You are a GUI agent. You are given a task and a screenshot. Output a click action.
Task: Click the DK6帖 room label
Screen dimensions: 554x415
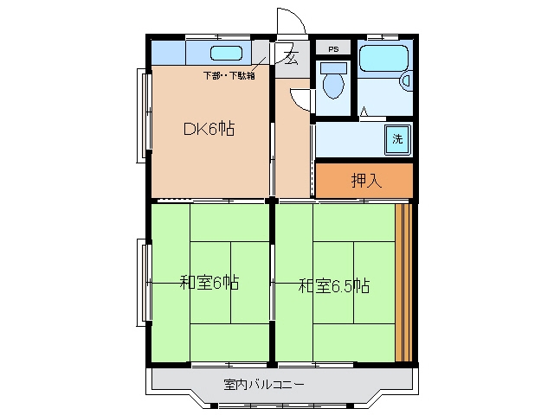[x=209, y=129]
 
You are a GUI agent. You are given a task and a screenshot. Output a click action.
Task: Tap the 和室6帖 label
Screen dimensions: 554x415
[x=209, y=283]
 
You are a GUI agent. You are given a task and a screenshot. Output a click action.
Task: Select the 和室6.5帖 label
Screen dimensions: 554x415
[x=334, y=285]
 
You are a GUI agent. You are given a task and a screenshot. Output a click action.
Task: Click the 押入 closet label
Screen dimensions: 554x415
[x=366, y=181]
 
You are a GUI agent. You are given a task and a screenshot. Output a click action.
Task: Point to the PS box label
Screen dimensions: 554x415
[x=333, y=49]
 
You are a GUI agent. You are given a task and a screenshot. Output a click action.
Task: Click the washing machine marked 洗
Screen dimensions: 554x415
[x=397, y=139]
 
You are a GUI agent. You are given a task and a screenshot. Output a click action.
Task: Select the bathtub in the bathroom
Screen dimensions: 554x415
[x=383, y=58]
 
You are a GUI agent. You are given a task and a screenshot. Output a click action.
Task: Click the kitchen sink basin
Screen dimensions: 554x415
[x=227, y=54]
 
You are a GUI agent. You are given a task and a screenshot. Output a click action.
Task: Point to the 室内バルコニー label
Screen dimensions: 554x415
[x=264, y=384]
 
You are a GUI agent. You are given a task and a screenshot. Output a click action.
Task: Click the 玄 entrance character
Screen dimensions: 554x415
[x=291, y=58]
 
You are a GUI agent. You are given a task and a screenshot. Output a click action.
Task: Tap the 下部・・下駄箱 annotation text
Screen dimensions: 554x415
[x=229, y=75]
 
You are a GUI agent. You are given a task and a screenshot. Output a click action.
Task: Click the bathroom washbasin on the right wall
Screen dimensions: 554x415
[x=406, y=80]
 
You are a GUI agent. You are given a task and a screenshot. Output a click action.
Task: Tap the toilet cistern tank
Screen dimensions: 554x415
[x=333, y=67]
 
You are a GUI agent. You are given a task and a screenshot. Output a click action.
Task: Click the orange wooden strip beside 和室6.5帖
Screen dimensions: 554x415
[x=404, y=283]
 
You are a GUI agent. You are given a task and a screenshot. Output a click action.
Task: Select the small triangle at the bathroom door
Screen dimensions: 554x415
[x=364, y=112]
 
